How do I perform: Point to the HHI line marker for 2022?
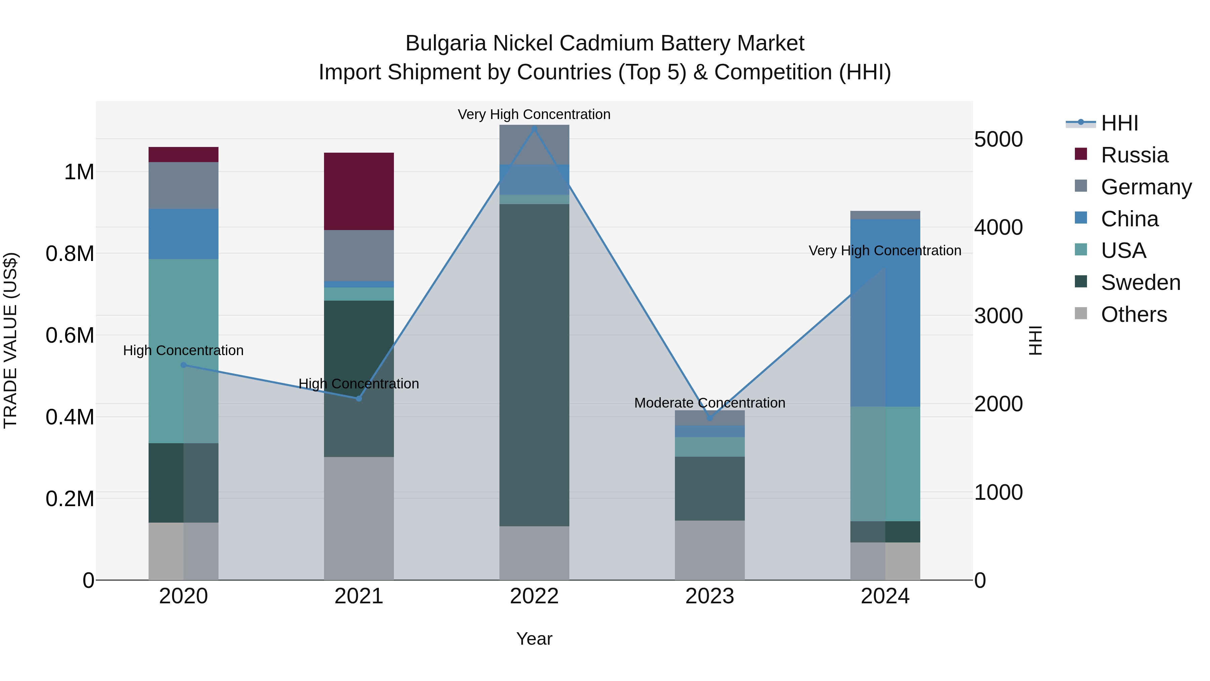(534, 128)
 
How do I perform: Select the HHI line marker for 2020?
(183, 365)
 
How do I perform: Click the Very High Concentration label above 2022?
(534, 114)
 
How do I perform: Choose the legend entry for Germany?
(1146, 187)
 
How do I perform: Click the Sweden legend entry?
(1140, 282)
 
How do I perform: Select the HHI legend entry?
(1119, 123)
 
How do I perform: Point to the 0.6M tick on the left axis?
(70, 336)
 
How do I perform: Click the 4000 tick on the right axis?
(998, 227)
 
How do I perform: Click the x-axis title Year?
(534, 639)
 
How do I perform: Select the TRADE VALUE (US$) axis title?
(10, 340)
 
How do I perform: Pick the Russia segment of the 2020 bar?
(183, 155)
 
